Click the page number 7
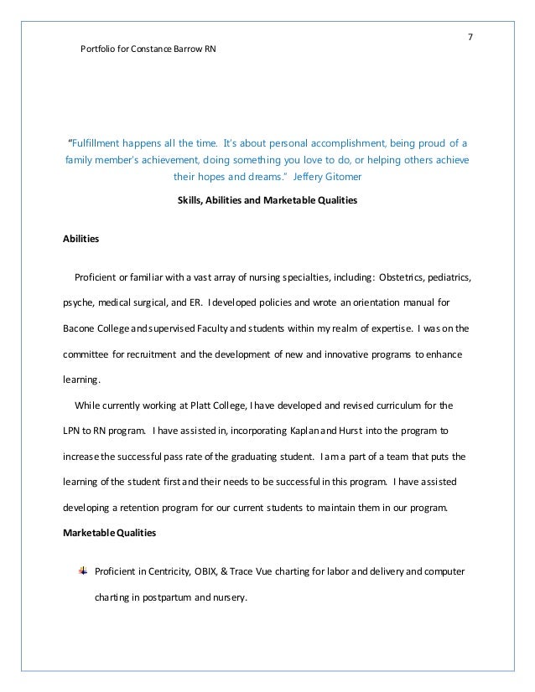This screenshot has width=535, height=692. pyautogui.click(x=470, y=37)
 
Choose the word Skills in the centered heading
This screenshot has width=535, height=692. pyautogui.click(x=190, y=201)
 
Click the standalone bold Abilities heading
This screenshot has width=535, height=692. pyautogui.click(x=81, y=239)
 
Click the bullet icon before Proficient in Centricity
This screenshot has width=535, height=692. pyautogui.click(x=82, y=571)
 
